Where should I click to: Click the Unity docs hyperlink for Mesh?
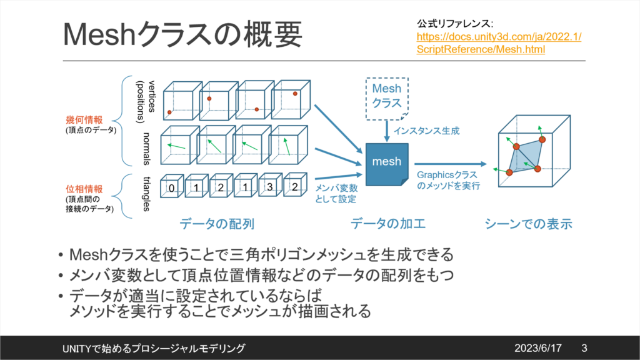[x=499, y=43]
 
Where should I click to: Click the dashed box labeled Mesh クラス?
[x=386, y=97]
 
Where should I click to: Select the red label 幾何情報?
[x=82, y=119]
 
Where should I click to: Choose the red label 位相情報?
[x=82, y=188]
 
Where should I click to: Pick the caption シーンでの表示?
[x=529, y=223]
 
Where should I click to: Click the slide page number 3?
[x=584, y=347]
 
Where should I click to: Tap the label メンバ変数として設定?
[x=336, y=193]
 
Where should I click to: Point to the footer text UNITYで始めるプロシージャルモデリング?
[x=154, y=347]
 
